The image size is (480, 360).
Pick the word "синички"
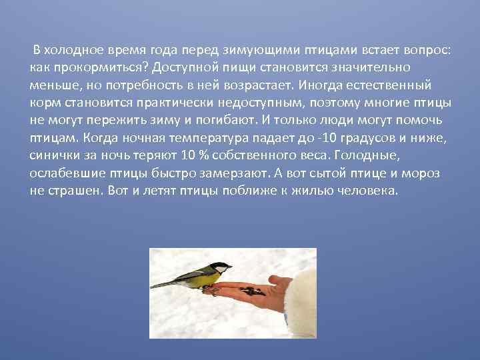pyautogui.click(x=54, y=155)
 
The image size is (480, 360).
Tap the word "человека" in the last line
pyautogui.click(x=371, y=189)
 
